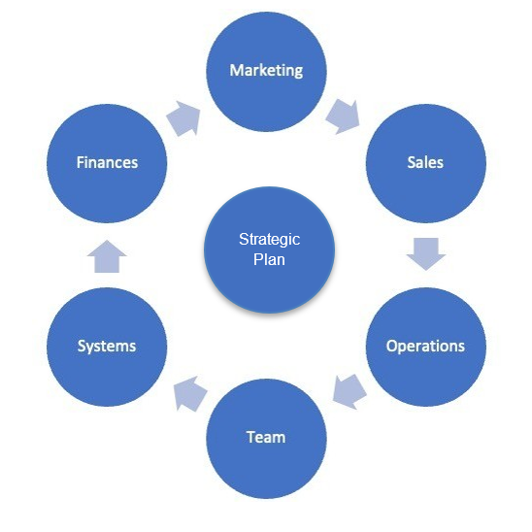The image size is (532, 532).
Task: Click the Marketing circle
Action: (x=266, y=72)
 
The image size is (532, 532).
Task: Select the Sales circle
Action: (x=426, y=163)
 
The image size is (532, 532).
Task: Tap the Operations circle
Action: (x=426, y=347)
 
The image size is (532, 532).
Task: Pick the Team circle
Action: (x=266, y=439)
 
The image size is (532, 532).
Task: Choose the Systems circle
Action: (x=107, y=347)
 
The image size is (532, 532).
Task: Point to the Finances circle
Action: (x=107, y=163)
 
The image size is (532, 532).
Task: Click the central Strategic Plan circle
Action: (x=269, y=249)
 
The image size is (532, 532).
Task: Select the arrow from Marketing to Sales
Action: (x=343, y=116)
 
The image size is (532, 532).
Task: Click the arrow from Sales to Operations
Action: (x=426, y=253)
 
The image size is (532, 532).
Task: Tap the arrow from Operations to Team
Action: (x=349, y=392)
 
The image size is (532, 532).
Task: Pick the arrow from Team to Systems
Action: (x=190, y=394)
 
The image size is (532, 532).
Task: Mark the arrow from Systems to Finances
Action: (x=107, y=256)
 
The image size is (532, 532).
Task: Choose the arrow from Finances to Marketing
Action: (x=183, y=118)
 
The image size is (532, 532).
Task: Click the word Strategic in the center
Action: (x=269, y=240)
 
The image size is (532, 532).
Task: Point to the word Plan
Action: (x=269, y=259)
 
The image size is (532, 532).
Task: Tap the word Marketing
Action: (x=266, y=71)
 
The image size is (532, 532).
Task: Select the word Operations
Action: (x=425, y=347)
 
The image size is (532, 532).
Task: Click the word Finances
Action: (x=107, y=162)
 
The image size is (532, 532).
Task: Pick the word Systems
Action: (x=107, y=347)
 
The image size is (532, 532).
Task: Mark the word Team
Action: (x=266, y=437)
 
